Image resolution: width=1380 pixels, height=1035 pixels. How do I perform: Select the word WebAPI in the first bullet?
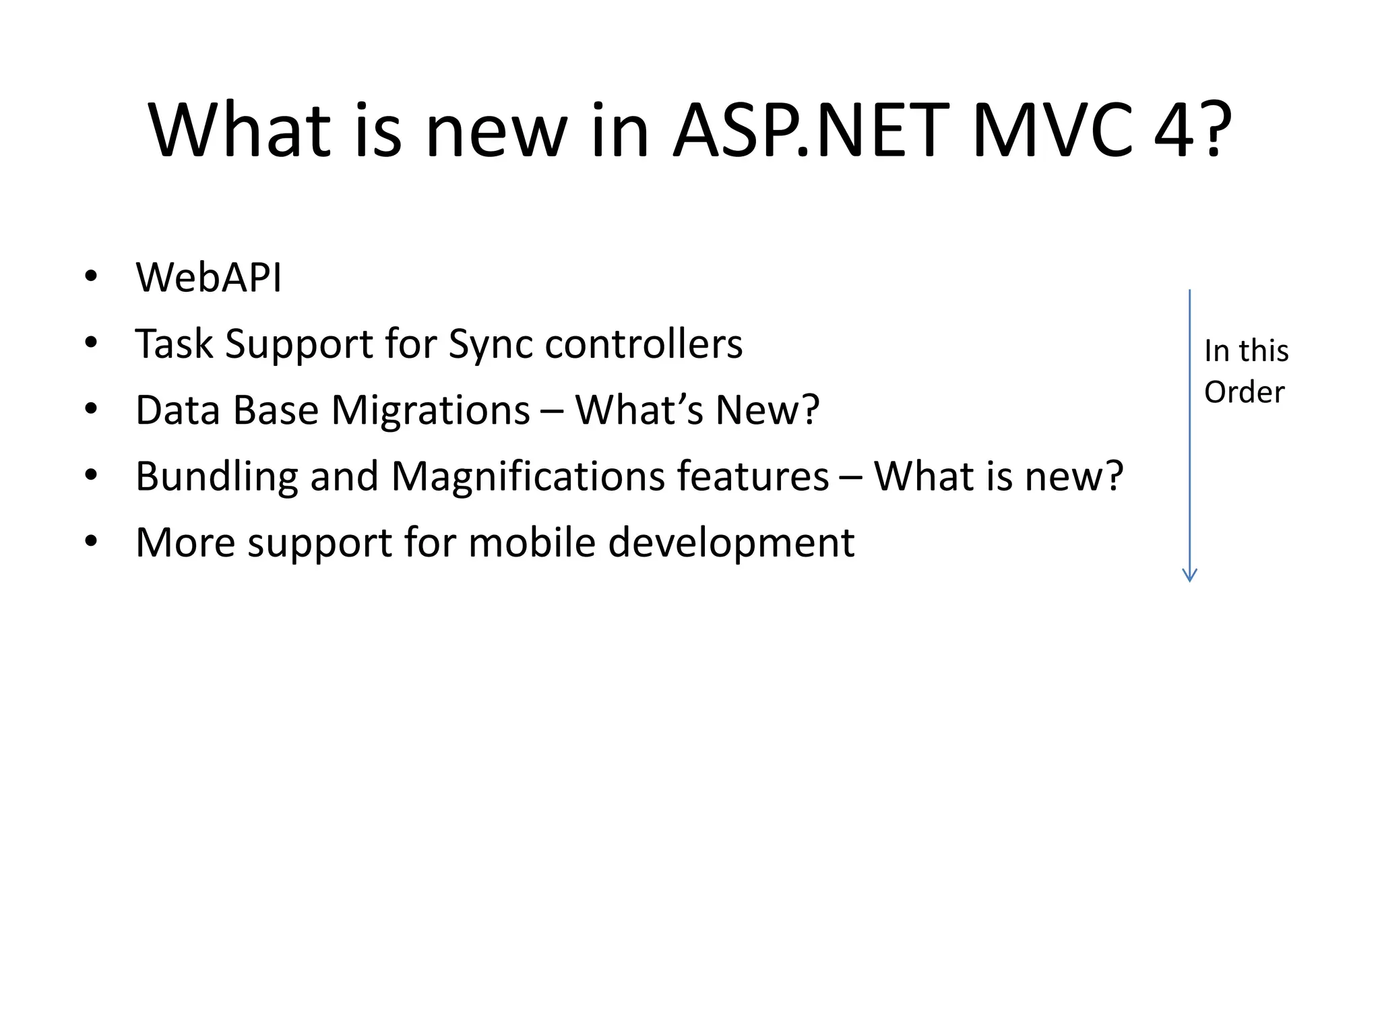208,277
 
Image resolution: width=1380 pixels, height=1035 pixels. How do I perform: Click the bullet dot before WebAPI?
91,276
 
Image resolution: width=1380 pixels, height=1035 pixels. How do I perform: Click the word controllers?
644,343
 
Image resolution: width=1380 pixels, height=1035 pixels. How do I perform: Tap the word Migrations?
431,410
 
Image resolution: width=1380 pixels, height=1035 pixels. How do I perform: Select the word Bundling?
216,476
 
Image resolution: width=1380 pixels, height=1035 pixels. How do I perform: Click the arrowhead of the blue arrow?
1189,575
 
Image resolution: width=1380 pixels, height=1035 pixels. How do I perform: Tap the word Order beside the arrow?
1244,392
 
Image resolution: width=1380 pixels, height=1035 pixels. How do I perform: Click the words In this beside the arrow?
1246,351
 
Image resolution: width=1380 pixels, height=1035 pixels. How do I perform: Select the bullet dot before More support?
91,541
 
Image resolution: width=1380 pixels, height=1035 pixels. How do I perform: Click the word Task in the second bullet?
174,344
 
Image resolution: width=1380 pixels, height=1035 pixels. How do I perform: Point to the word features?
753,476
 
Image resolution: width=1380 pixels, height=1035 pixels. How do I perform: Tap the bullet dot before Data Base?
91,408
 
